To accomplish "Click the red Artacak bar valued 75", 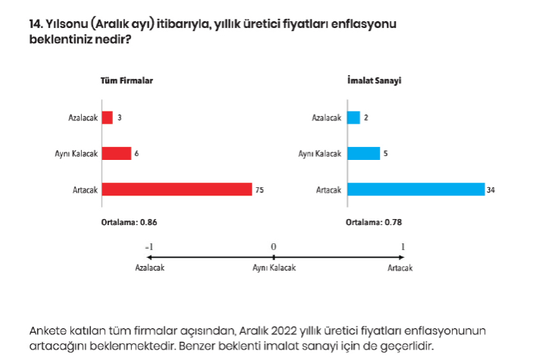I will [x=176, y=189].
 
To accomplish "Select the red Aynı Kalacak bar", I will [x=116, y=154].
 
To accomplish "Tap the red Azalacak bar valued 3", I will [x=107, y=117].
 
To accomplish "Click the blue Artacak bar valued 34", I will [x=415, y=189].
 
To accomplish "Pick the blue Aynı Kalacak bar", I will [x=363, y=154].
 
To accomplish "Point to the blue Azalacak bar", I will [x=353, y=117].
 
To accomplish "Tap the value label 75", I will [x=259, y=189].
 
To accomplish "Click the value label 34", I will [x=491, y=189].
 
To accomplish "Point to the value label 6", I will [x=136, y=154].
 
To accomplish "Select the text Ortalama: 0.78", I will [x=374, y=223].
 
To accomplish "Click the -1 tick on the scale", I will [x=149, y=247].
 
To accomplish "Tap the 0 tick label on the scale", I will [x=274, y=247].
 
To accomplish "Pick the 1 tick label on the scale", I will [x=403, y=247].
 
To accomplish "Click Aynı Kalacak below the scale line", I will [x=274, y=268].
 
